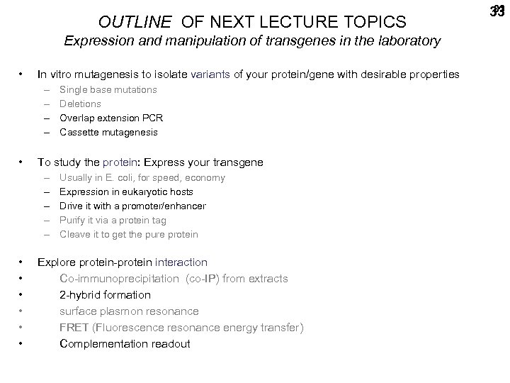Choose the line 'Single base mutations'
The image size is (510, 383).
coord(108,90)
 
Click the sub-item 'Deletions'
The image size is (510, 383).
coord(80,104)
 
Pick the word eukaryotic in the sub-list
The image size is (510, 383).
coord(137,192)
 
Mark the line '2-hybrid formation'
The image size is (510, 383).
coord(105,295)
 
